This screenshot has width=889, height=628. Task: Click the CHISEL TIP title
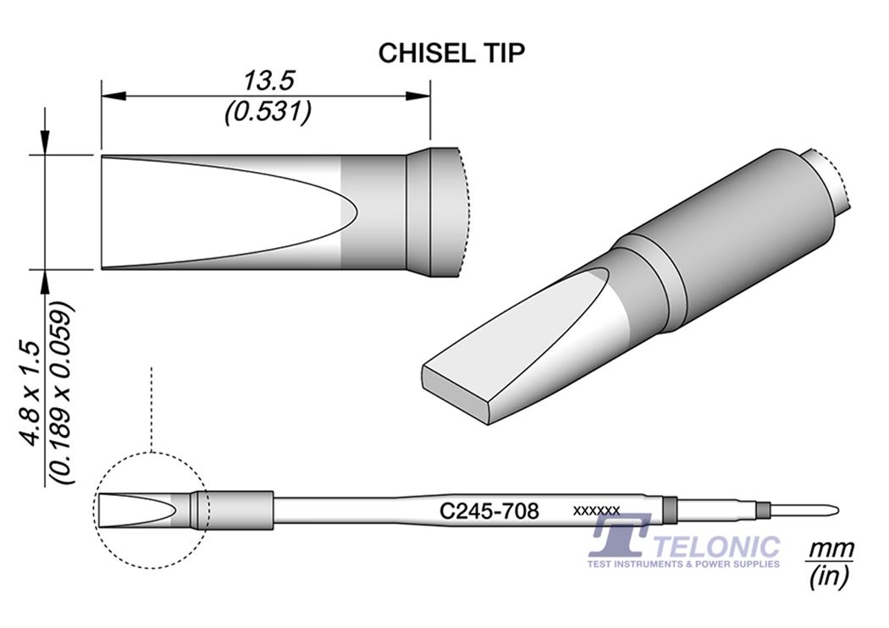click(x=451, y=52)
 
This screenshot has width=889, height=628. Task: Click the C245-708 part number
click(x=489, y=510)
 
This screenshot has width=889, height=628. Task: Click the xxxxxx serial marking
click(x=597, y=510)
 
